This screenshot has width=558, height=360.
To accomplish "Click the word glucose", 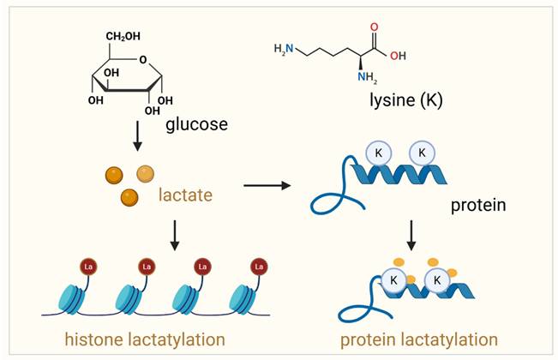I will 197,123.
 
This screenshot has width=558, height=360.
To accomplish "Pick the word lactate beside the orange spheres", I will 184,196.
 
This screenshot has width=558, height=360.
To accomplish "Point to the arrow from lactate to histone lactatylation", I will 175,235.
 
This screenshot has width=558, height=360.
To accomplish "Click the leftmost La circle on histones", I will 87,267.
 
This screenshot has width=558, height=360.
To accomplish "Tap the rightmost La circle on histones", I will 258,267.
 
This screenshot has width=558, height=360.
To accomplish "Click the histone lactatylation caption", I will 134,339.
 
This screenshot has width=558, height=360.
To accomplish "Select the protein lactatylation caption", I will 418,339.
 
